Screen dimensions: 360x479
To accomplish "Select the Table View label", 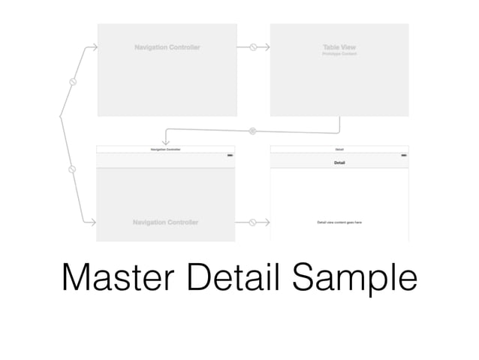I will pyautogui.click(x=339, y=47).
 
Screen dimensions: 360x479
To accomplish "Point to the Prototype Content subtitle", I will pyautogui.click(x=339, y=54).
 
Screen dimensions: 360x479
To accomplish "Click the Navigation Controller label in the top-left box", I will pyautogui.click(x=167, y=47).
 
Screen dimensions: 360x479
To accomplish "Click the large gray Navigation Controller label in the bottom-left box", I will pyautogui.click(x=166, y=222).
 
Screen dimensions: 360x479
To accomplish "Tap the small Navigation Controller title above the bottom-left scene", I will pyautogui.click(x=166, y=150).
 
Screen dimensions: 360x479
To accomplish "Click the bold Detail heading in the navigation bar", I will pyautogui.click(x=339, y=162).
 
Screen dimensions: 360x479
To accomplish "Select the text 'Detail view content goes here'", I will pyautogui.click(x=339, y=222).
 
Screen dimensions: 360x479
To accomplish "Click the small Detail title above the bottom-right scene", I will pyautogui.click(x=339, y=150).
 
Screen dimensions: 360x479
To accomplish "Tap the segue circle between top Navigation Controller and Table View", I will pyautogui.click(x=254, y=47).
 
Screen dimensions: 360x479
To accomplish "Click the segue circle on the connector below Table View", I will pyautogui.click(x=252, y=131).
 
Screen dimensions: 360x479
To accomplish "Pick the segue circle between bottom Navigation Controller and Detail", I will pyautogui.click(x=253, y=222).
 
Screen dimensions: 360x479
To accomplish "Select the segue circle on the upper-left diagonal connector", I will pyautogui.click(x=73, y=82).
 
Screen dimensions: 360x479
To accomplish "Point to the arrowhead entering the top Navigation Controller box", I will pyautogui.click(x=94, y=47).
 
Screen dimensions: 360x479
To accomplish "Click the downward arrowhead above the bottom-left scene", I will pyautogui.click(x=166, y=141).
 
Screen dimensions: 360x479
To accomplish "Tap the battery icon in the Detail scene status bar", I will pyautogui.click(x=404, y=155).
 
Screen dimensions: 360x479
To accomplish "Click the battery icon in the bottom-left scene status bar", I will pyautogui.click(x=230, y=155).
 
